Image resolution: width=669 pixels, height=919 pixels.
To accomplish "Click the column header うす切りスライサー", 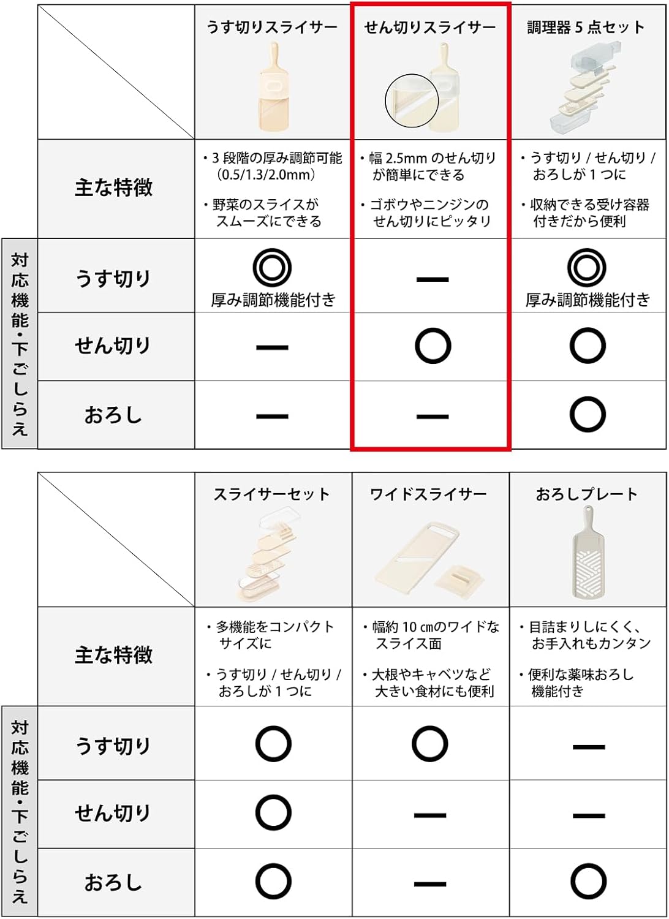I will point(271,28).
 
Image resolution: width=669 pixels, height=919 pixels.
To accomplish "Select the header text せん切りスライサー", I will point(429,28).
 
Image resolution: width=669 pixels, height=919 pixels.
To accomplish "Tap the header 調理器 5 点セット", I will point(586,28).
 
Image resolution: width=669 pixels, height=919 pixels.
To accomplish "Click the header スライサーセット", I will point(271,494).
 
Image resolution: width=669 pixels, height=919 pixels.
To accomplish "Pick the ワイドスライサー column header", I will point(428,494).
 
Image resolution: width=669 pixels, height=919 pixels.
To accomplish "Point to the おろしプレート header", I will point(587,494).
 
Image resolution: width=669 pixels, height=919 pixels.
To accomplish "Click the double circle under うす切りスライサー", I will point(272,268).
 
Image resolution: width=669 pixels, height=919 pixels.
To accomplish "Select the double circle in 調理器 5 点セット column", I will point(587,268).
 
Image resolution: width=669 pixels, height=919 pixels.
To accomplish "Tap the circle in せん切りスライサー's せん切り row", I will point(433,346).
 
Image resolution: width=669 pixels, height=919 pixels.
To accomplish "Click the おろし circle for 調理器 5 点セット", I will point(588,415).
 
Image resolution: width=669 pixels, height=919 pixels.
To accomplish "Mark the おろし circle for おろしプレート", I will point(588,882).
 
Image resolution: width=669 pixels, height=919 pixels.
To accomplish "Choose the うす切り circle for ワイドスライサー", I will point(429,744).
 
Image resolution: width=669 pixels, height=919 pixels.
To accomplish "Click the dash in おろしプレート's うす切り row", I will point(589,747).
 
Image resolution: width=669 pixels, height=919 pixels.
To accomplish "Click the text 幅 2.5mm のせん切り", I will point(432,158).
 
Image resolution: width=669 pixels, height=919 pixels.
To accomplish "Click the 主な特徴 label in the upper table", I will point(114,187).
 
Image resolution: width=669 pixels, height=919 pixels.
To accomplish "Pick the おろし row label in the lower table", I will point(113,882).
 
